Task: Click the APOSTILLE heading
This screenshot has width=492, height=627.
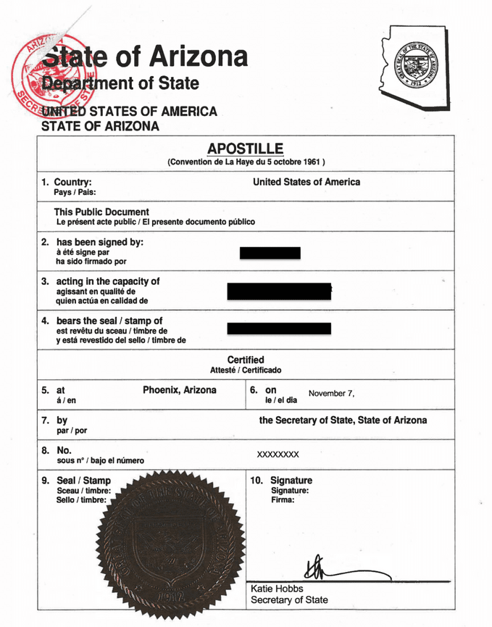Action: [x=246, y=149]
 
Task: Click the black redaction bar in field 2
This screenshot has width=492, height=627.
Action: [x=270, y=253]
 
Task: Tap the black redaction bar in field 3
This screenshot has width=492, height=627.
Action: [x=279, y=291]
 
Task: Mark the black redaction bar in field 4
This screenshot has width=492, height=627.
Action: [x=279, y=328]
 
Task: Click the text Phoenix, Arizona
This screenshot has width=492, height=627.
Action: [x=179, y=390]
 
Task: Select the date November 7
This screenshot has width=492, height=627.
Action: [x=331, y=394]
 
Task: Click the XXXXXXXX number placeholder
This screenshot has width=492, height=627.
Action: [x=278, y=454]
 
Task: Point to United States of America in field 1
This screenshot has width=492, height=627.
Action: [x=306, y=182]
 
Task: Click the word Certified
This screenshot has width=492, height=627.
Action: [x=246, y=360]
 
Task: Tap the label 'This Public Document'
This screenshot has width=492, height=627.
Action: [x=101, y=212]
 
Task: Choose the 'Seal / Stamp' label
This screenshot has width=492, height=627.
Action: [x=83, y=480]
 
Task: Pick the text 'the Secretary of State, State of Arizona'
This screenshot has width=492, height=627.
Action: [x=343, y=420]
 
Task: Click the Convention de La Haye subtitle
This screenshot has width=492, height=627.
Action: [x=246, y=162]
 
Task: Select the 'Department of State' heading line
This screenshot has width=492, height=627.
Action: [x=120, y=83]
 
